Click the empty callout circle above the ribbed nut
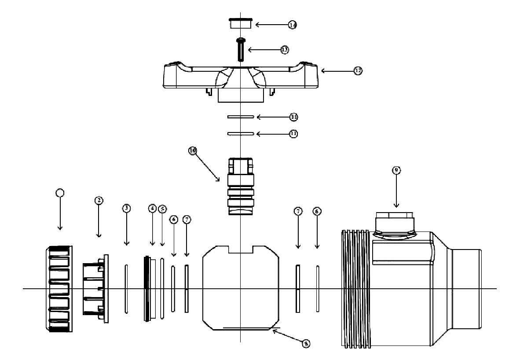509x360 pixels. (60, 192)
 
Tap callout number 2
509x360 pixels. (99, 200)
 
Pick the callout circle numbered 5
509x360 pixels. (162, 208)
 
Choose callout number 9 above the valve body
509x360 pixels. (396, 170)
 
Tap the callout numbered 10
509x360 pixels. (193, 151)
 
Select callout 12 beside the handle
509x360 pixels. (358, 70)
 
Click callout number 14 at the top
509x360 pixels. (293, 25)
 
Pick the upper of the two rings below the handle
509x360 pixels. (241, 117)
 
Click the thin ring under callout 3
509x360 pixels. (126, 289)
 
